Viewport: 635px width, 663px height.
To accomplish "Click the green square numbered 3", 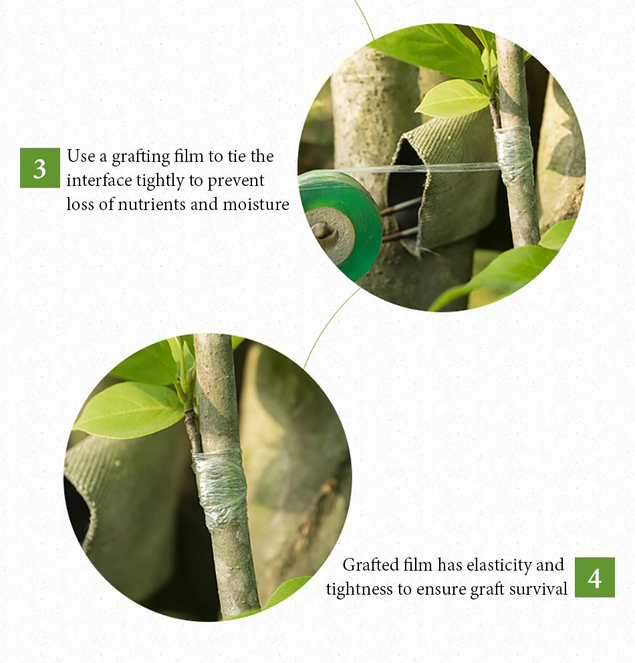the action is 39,168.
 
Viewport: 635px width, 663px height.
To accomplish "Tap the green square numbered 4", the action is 594,577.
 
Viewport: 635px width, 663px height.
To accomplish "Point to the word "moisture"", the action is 256,204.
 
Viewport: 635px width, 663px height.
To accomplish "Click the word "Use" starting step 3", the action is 81,156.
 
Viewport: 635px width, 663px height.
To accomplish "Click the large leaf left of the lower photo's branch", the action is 129,410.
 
